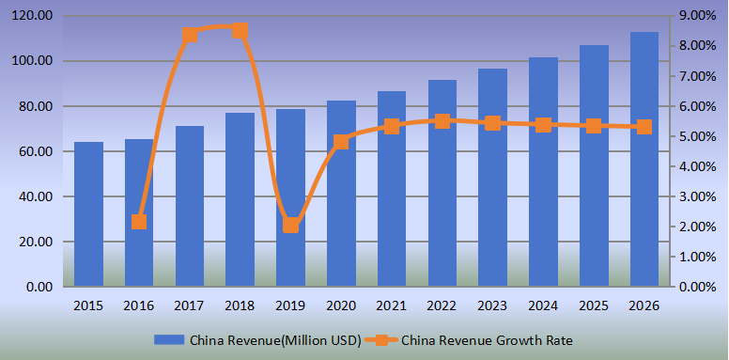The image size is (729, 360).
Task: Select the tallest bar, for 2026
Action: click(x=644, y=159)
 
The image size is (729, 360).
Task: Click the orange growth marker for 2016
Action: click(x=139, y=222)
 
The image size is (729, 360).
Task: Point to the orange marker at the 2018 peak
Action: click(x=240, y=31)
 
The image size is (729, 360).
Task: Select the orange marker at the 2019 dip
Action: click(x=290, y=225)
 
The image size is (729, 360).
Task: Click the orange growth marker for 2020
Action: click(x=341, y=142)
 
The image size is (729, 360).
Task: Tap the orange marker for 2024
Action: click(x=543, y=125)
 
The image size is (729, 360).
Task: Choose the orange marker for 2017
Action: click(x=190, y=36)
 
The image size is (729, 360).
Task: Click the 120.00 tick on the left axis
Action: click(x=33, y=16)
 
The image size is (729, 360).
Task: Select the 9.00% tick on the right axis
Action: click(x=697, y=16)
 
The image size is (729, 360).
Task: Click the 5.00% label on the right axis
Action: click(x=697, y=136)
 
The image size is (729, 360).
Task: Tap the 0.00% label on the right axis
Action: click(x=697, y=287)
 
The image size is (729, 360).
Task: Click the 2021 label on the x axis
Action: click(x=392, y=306)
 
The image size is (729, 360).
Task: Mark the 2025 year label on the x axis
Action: click(x=594, y=306)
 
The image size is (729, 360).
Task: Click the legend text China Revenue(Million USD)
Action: click(x=274, y=340)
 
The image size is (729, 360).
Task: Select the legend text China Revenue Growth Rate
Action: click(x=487, y=340)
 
